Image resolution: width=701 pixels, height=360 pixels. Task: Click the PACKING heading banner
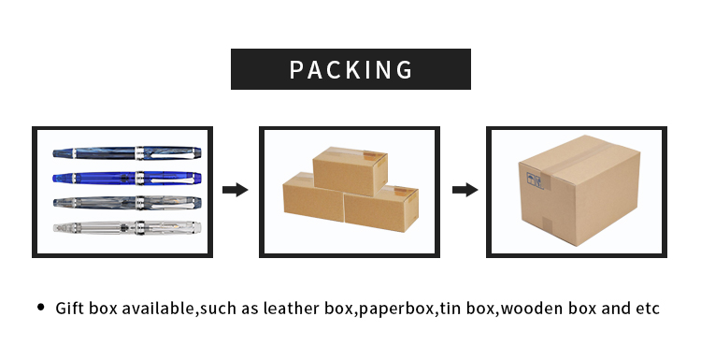tap(350, 69)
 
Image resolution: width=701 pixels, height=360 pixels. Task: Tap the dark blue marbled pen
tap(126, 151)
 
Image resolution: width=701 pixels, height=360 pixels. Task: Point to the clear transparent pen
tap(126, 226)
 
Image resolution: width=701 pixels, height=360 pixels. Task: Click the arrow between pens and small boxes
tap(235, 190)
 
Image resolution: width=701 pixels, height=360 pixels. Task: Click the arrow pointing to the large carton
tap(465, 190)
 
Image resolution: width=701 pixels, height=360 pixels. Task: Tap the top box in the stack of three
tap(350, 170)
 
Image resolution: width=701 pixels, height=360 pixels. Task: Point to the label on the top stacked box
tap(376, 156)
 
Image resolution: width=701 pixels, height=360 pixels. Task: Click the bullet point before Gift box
tap(41, 308)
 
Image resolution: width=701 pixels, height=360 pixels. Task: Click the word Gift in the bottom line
tap(71, 309)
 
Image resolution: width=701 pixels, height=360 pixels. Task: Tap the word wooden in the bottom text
tap(532, 309)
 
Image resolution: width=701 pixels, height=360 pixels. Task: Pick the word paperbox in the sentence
tap(395, 309)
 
